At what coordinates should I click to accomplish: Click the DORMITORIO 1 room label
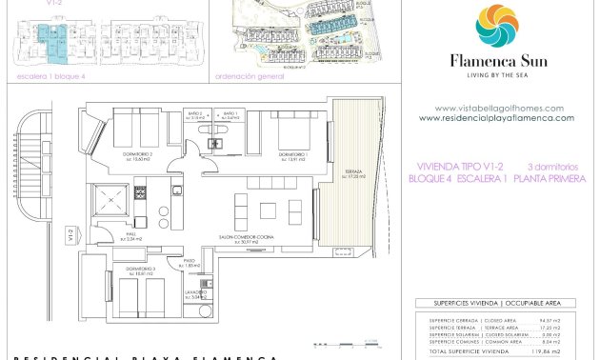pyautogui.click(x=292, y=154)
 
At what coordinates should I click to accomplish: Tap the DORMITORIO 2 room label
pyautogui.click(x=137, y=154)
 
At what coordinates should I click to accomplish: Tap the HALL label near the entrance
pyautogui.click(x=134, y=231)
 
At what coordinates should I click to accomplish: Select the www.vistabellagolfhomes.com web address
pyautogui.click(x=498, y=108)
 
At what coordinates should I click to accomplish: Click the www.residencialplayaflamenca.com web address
pyautogui.click(x=496, y=118)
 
